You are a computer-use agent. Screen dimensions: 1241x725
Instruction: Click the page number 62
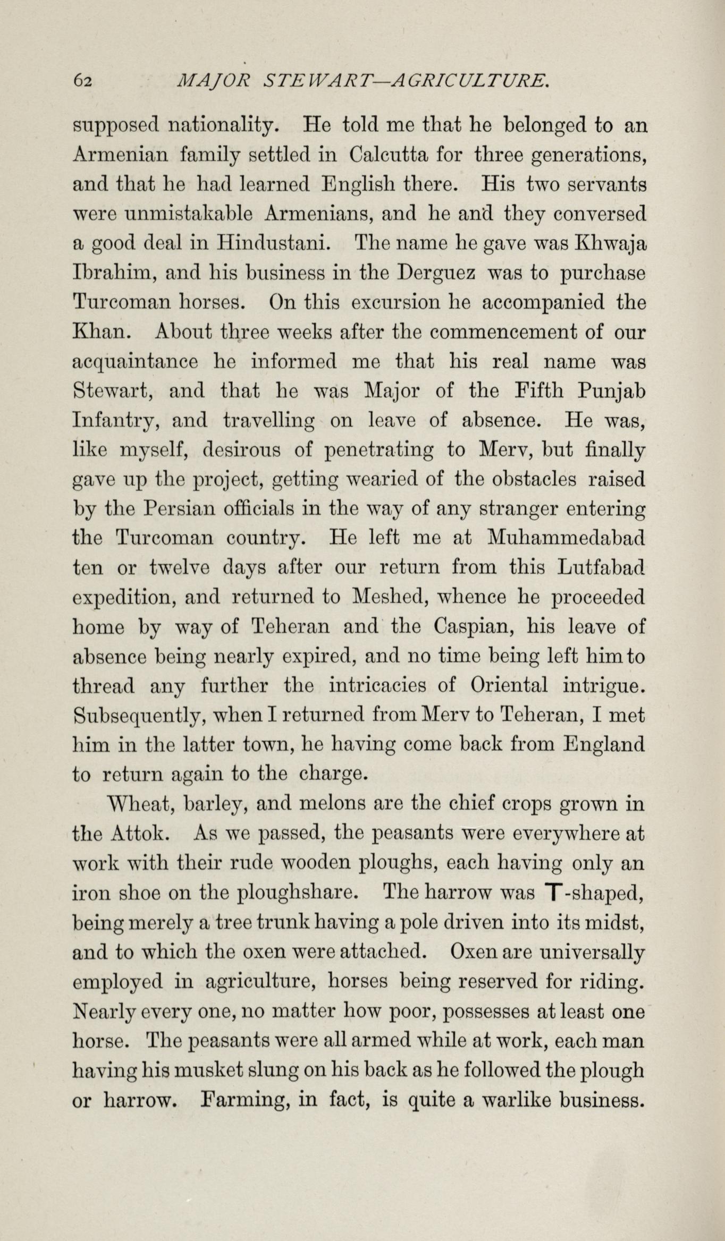point(83,81)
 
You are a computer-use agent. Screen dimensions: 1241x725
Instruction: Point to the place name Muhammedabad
point(566,539)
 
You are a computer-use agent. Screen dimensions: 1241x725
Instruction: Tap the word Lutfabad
point(601,568)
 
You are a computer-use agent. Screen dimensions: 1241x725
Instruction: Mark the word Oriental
point(509,686)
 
